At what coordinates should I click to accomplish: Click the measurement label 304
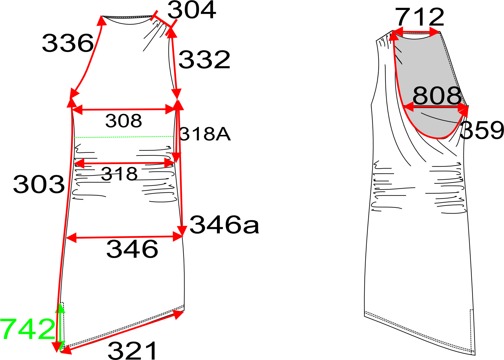192,10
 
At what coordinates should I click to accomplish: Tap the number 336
68,43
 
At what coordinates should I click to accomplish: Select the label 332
204,60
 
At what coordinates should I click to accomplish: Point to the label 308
124,121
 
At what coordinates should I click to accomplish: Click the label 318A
205,134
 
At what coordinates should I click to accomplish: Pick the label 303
39,184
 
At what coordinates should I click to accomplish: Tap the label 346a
224,225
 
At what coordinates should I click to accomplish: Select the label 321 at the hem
133,351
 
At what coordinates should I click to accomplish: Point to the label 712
420,17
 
